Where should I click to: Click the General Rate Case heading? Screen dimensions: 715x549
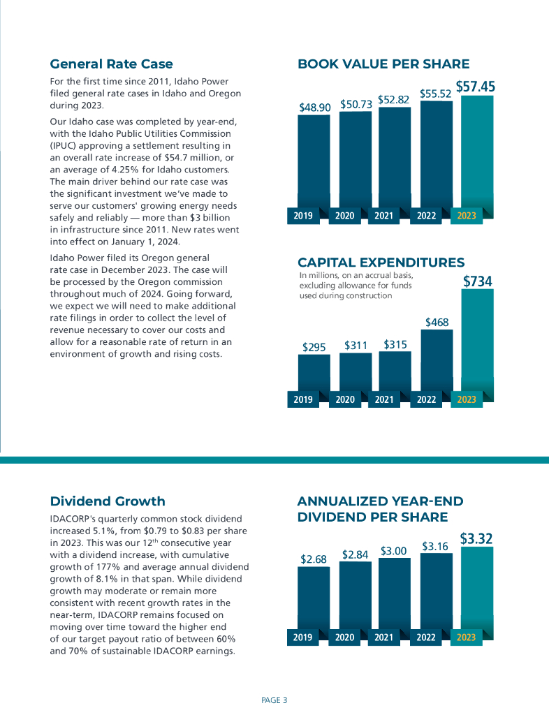coord(111,64)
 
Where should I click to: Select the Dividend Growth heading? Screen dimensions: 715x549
coord(108,501)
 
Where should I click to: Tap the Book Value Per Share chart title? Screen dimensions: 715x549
coord(383,64)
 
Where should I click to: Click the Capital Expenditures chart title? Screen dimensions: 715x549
coord(381,263)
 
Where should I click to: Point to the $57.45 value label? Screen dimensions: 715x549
coord(476,87)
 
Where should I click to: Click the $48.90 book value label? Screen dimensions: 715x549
coord(314,108)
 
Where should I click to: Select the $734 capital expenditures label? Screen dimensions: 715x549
coord(478,281)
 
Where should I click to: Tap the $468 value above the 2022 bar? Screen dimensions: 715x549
coord(437,323)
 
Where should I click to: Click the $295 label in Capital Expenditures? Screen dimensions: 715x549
coord(314,346)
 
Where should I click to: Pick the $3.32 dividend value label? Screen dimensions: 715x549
coord(476,538)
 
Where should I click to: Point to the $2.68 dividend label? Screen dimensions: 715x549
coord(314,559)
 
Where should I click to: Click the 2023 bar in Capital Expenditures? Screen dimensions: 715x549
coord(477,342)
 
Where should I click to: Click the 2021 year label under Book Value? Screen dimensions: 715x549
coord(383,216)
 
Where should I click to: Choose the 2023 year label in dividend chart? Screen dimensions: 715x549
coord(466,637)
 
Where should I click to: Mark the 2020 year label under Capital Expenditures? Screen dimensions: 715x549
coord(344,399)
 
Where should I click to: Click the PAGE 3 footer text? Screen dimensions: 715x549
coord(274,700)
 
